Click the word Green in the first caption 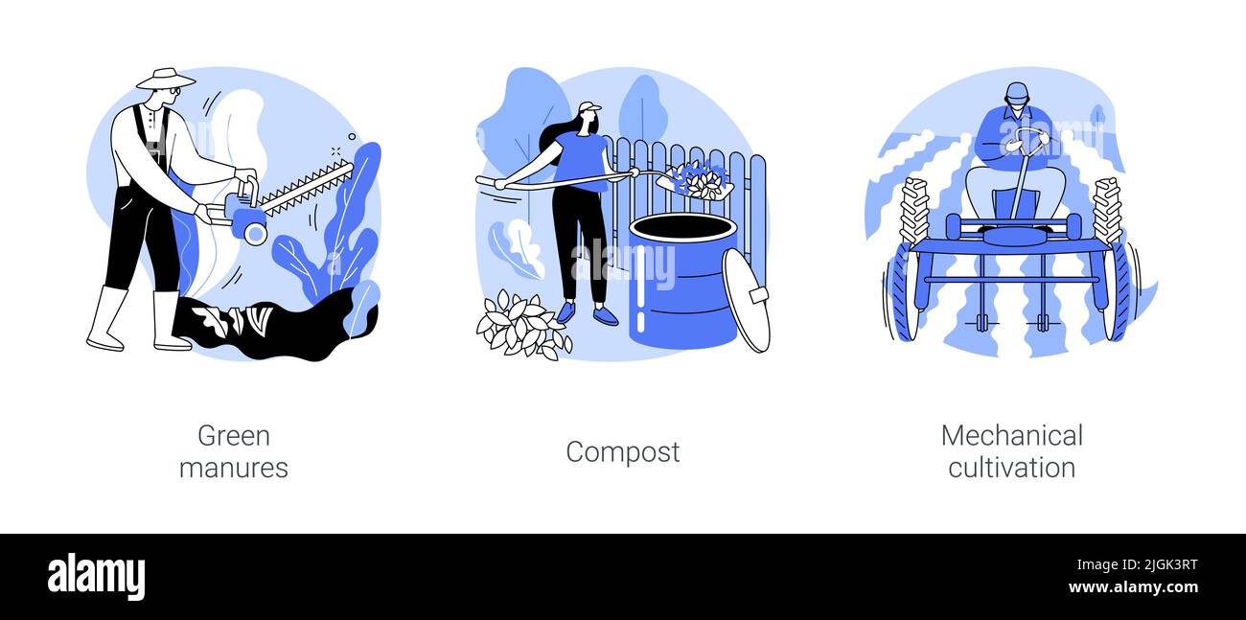233,436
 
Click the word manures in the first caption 233,468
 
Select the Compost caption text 622,451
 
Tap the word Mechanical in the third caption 1011,436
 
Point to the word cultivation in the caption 1011,468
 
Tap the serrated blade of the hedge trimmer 307,187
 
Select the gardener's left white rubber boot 106,319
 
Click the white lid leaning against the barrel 746,300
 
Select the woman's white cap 588,108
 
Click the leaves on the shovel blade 699,178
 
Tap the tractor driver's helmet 1016,93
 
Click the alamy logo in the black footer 96,577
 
